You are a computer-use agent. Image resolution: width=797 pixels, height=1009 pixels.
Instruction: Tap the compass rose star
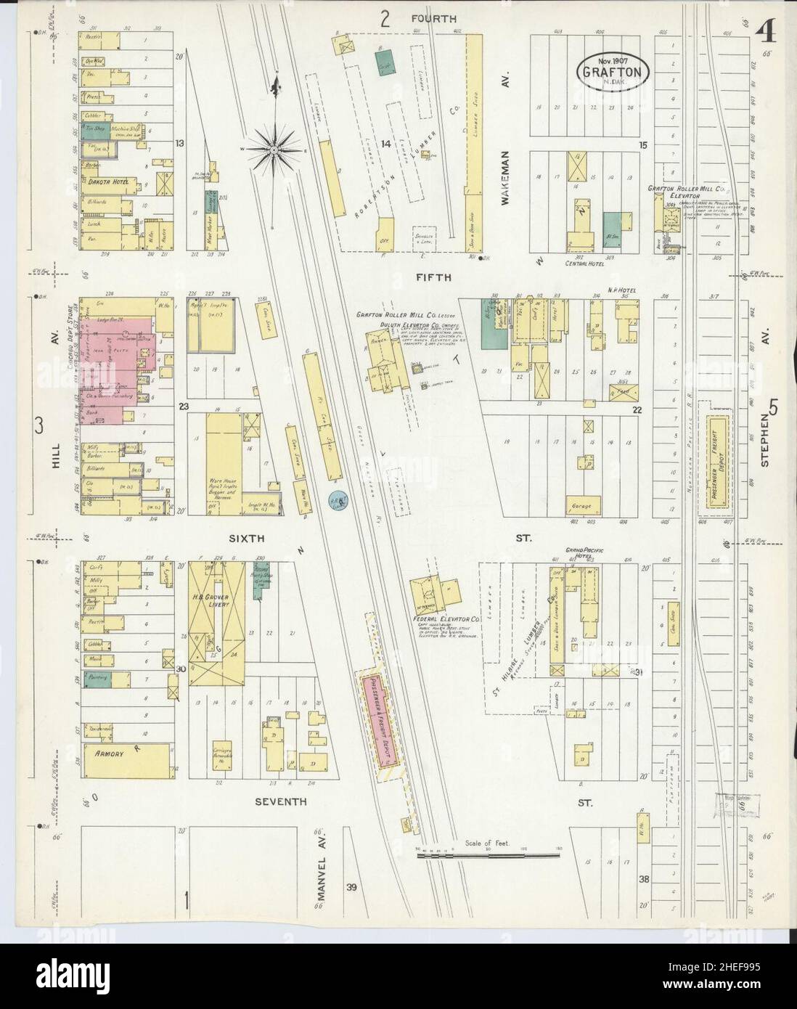pyautogui.click(x=275, y=150)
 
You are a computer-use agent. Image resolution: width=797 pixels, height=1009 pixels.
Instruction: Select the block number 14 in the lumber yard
pyautogui.click(x=385, y=144)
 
